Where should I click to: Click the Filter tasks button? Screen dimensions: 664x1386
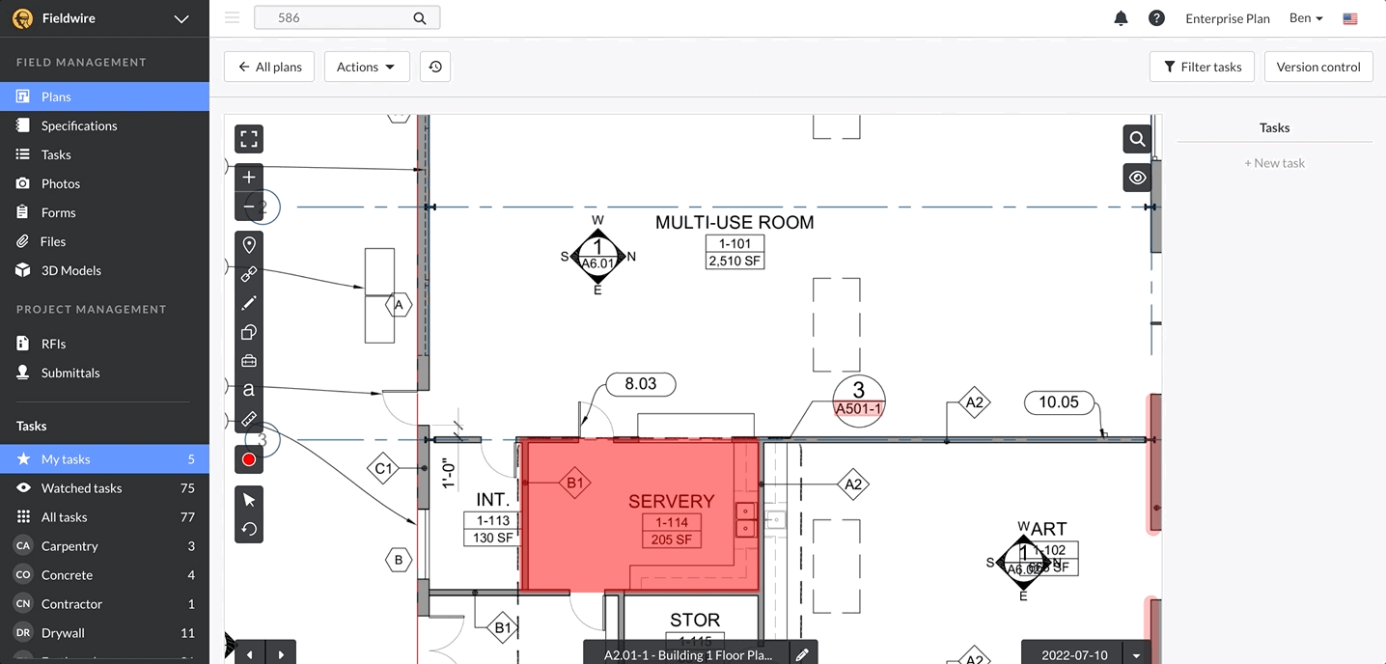point(1202,67)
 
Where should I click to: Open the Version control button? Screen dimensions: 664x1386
point(1317,67)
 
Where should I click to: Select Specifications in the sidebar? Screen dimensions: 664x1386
point(78,125)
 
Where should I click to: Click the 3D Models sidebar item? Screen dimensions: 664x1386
point(70,270)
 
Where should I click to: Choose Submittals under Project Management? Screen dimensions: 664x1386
point(69,373)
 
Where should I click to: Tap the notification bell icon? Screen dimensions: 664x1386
point(1121,18)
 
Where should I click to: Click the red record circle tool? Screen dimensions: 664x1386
point(249,459)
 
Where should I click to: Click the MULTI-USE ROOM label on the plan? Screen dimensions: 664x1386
point(734,223)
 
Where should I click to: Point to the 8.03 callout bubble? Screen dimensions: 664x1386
point(640,384)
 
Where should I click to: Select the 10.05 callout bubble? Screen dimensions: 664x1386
point(1058,402)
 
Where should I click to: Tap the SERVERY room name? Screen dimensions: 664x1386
point(671,501)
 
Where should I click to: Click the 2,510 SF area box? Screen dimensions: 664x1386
point(735,261)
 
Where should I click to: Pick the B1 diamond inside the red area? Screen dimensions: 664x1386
point(574,483)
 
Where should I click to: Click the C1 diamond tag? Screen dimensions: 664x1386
point(383,469)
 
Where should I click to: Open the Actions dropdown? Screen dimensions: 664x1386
point(366,67)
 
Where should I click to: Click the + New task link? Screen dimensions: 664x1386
point(1274,163)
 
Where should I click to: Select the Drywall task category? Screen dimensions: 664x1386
point(63,633)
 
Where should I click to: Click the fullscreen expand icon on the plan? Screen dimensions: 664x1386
point(249,139)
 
